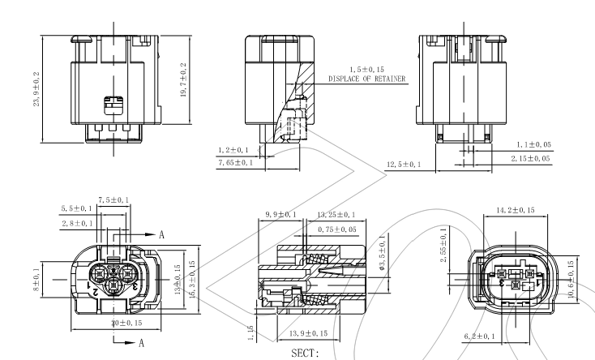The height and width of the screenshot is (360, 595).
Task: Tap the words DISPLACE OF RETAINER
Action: pos(368,79)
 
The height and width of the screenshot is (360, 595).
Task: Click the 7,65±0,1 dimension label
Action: pos(235,162)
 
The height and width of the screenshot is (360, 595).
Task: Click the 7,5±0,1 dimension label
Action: pos(113,199)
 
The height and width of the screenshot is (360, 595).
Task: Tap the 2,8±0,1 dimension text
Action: pos(76,222)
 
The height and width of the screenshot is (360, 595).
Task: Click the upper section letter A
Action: pos(161,234)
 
